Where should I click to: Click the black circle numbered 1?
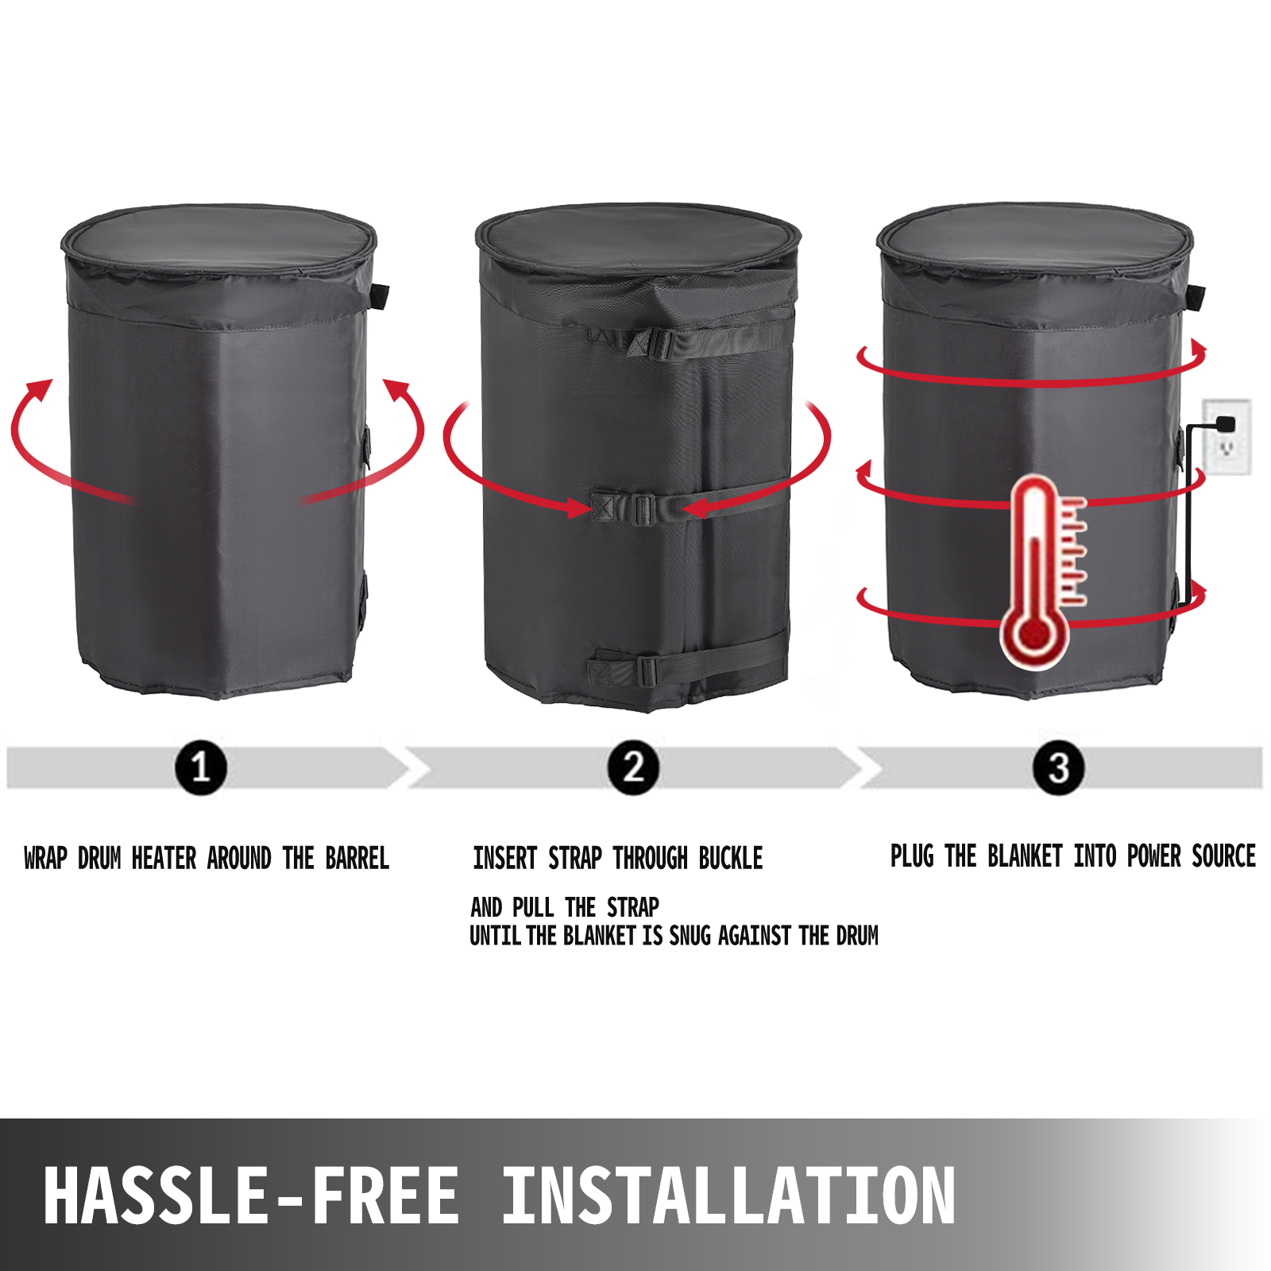click(200, 767)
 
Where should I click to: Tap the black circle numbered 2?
click(633, 767)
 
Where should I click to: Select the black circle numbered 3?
click(1058, 767)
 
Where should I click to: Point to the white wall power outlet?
click(1227, 437)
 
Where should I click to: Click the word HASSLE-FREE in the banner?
click(251, 1196)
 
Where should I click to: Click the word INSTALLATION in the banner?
click(728, 1196)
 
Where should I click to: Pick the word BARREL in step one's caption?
click(357, 859)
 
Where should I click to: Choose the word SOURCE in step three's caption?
click(1223, 856)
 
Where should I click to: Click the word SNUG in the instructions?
click(690, 936)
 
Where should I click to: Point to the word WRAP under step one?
click(45, 859)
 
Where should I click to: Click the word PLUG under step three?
click(912, 856)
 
